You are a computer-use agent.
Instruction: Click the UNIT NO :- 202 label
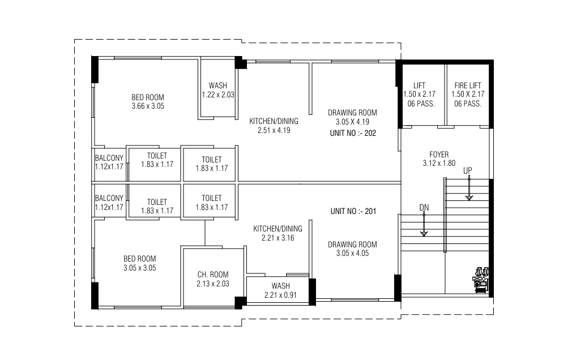(352, 133)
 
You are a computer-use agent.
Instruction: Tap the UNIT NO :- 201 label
(353, 211)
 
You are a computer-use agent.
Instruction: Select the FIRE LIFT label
(468, 85)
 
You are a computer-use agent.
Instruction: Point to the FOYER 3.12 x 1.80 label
(439, 158)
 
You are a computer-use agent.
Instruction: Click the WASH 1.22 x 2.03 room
(217, 90)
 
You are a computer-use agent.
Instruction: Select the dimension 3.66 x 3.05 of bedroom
(148, 106)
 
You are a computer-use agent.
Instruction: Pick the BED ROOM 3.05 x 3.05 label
(139, 263)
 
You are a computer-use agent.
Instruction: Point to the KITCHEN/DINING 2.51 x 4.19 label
(274, 126)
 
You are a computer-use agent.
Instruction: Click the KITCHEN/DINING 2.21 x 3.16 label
(277, 233)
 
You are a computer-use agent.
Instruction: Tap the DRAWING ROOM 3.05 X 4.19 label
(352, 117)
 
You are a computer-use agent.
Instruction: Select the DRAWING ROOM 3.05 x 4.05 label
(352, 249)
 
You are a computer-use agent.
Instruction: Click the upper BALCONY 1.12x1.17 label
(109, 162)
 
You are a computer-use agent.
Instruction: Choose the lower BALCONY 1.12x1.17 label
(109, 203)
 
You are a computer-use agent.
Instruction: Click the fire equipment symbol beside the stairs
(481, 278)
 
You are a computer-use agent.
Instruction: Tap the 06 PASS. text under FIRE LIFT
(468, 104)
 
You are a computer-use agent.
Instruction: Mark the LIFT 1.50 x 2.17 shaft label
(419, 94)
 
